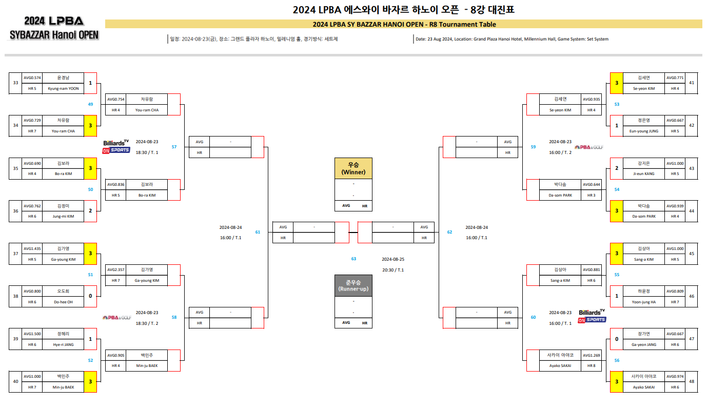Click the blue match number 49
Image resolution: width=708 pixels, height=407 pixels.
click(x=90, y=104)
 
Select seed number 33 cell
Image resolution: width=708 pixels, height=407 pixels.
click(x=15, y=83)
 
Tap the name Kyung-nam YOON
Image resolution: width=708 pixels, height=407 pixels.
click(x=63, y=88)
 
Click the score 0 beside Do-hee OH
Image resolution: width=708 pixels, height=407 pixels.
click(x=90, y=297)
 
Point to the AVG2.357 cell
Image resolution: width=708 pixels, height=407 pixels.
click(x=115, y=269)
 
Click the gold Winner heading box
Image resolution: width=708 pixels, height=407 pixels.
click(x=353, y=168)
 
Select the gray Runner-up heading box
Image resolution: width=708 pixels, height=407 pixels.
click(x=353, y=286)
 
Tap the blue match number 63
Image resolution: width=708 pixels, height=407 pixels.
click(x=353, y=259)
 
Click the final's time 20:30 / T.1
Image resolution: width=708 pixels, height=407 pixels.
click(x=392, y=270)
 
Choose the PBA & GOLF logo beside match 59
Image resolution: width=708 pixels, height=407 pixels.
click(x=588, y=147)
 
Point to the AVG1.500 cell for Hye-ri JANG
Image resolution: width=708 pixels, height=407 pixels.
click(x=32, y=334)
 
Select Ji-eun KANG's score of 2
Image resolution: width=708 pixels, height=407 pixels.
click(x=617, y=168)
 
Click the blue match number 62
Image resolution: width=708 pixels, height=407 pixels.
click(x=449, y=232)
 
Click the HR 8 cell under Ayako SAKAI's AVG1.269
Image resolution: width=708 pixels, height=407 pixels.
click(x=591, y=366)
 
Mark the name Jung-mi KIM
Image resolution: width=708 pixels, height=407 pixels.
click(x=63, y=217)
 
